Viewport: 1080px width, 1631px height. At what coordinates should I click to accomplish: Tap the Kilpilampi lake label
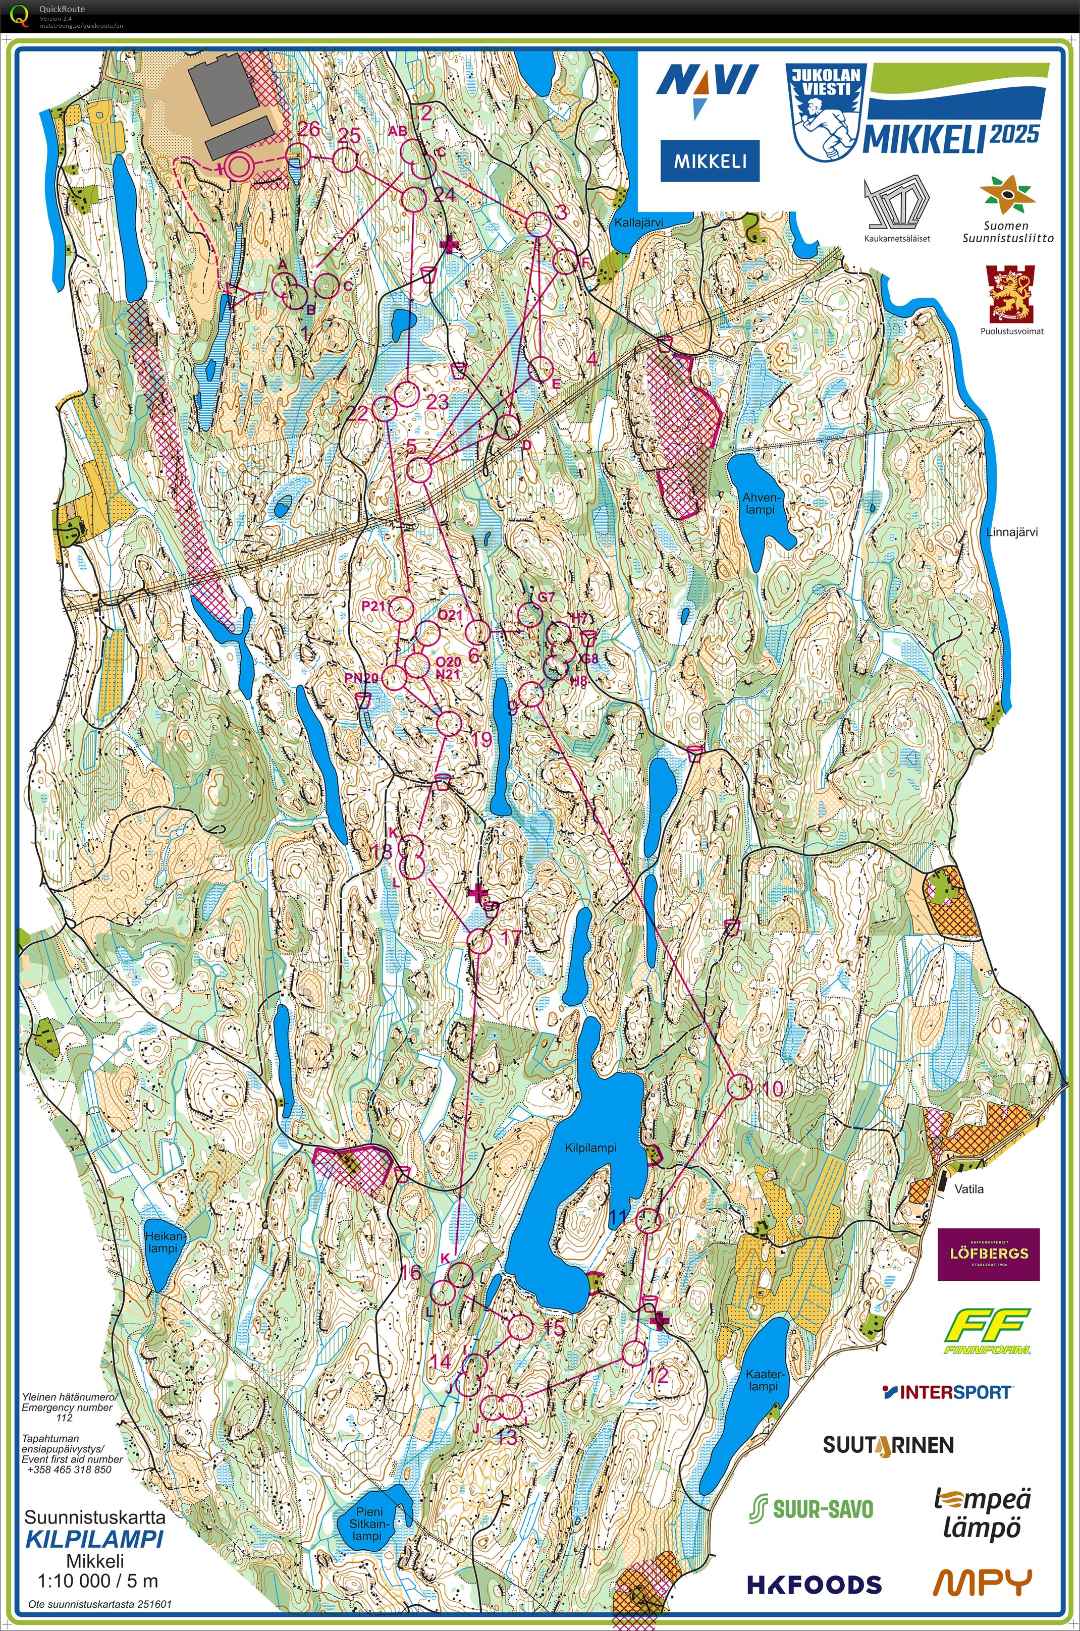click(590, 1148)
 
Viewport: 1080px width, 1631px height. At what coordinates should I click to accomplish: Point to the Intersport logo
click(947, 1392)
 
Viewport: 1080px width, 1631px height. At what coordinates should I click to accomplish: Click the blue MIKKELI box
click(710, 161)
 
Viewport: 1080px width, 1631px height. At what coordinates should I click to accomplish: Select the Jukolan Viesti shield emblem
click(825, 112)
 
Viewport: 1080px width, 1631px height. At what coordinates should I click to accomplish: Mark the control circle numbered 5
click(419, 470)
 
